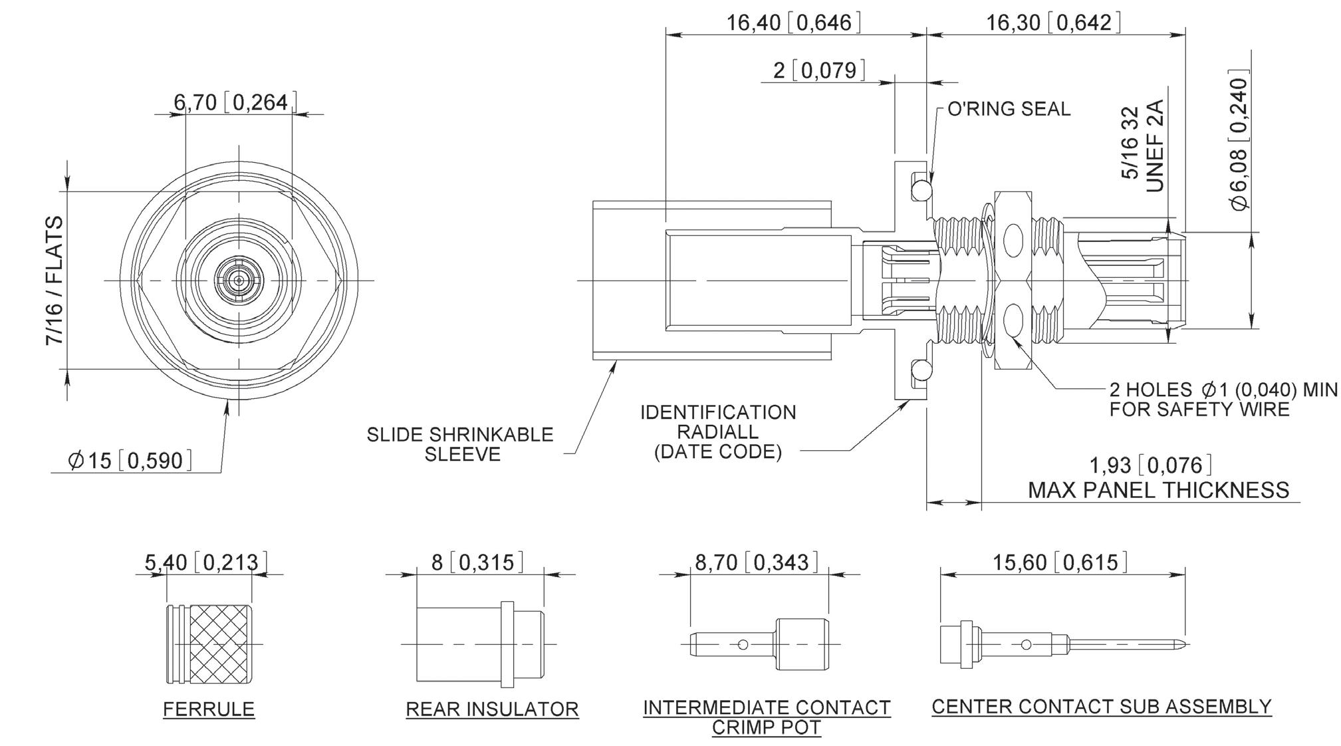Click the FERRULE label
click(x=209, y=709)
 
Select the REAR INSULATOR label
click(x=492, y=709)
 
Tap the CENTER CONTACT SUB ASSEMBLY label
click(x=1102, y=706)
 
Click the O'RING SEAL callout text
click(x=1009, y=109)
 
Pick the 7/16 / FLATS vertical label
click(x=55, y=281)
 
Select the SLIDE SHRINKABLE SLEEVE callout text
click(x=460, y=444)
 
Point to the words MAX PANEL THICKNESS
click(x=1159, y=490)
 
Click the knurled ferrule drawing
click(x=209, y=644)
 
